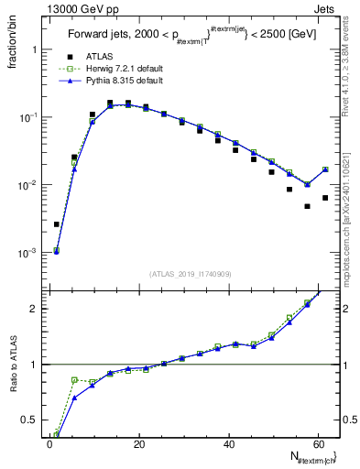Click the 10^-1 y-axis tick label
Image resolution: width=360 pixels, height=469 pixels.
[x=27, y=117]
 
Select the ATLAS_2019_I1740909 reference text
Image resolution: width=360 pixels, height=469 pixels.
[x=190, y=273]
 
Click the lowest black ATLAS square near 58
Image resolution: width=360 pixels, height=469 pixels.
[x=308, y=206]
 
